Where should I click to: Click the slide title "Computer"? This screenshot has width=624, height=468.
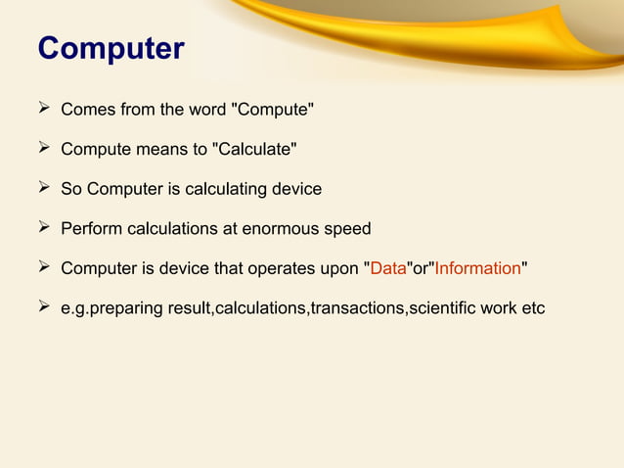click(x=111, y=48)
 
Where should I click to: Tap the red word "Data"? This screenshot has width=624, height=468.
click(x=388, y=269)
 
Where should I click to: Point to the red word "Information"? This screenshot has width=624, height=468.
click(x=477, y=269)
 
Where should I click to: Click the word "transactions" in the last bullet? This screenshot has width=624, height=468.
click(x=357, y=309)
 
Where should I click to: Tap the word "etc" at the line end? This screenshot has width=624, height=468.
click(x=532, y=309)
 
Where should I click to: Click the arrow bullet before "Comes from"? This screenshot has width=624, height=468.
click(x=44, y=109)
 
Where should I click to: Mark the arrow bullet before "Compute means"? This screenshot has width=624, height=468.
click(x=44, y=149)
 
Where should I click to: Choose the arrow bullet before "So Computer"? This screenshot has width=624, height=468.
click(x=44, y=189)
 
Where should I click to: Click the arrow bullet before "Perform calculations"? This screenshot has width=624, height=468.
click(x=44, y=229)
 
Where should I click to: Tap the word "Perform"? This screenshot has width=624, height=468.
click(x=90, y=229)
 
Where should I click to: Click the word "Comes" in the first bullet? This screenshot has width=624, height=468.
click(x=86, y=109)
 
